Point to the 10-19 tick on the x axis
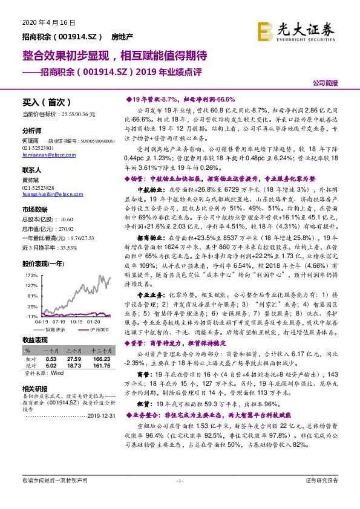point(76,322)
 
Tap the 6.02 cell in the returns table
point(50,366)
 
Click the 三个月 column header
point(73,351)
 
